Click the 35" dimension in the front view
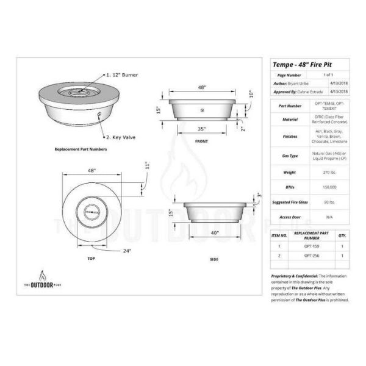pos(201,129)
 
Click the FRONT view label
pos(201,142)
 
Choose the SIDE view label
pos(214,260)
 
